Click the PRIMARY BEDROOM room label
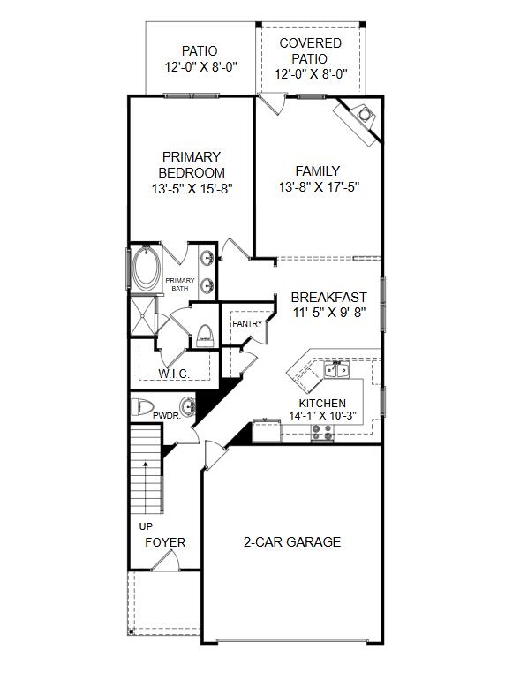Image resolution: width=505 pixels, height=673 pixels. point(192,164)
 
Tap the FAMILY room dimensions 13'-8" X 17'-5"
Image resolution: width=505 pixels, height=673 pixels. point(319,187)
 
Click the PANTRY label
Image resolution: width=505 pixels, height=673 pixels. point(247,324)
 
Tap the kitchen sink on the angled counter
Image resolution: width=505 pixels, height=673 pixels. point(335,370)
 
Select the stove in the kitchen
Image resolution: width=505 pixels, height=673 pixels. point(322,432)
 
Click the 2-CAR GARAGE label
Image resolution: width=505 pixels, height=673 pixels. point(291,542)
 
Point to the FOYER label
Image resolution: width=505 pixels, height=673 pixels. point(165,542)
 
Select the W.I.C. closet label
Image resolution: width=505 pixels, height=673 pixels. point(174,374)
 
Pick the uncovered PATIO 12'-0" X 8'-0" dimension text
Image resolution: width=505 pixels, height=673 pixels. point(200,67)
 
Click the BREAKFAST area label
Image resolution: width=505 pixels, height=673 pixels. point(328,298)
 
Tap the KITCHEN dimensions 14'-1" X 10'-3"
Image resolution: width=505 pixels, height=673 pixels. point(322,416)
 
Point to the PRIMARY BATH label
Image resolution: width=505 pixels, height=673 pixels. point(180,284)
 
